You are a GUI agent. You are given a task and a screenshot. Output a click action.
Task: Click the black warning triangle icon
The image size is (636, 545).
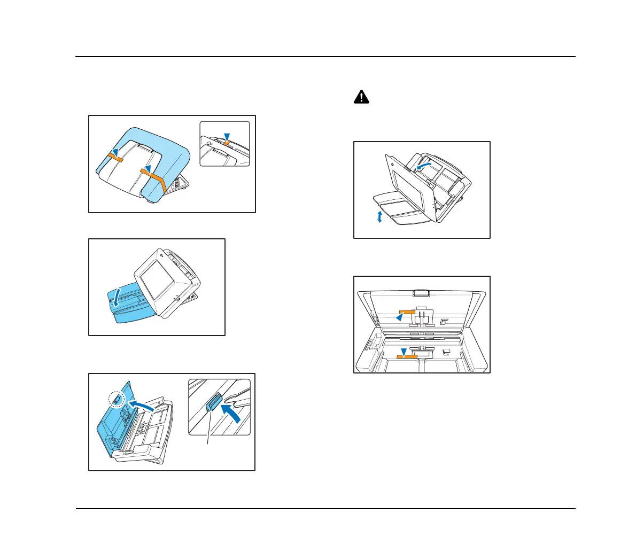(x=362, y=97)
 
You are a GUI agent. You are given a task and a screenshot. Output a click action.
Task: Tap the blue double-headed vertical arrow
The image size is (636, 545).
(x=379, y=216)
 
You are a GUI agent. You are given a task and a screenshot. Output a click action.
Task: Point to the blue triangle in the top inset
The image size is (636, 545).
(x=228, y=136)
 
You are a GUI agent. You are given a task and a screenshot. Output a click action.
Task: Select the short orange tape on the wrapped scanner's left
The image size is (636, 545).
(x=115, y=158)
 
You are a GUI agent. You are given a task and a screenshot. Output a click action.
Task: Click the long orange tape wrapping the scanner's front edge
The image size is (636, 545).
(x=156, y=178)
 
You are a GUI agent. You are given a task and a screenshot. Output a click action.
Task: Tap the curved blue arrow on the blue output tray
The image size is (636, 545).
(x=117, y=295)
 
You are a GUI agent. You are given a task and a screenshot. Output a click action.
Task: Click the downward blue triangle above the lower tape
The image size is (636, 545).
(x=404, y=351)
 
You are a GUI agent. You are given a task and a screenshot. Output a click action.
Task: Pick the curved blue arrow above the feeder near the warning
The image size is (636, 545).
(x=423, y=167)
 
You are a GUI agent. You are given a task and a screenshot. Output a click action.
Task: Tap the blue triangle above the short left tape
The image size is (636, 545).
(x=115, y=152)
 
